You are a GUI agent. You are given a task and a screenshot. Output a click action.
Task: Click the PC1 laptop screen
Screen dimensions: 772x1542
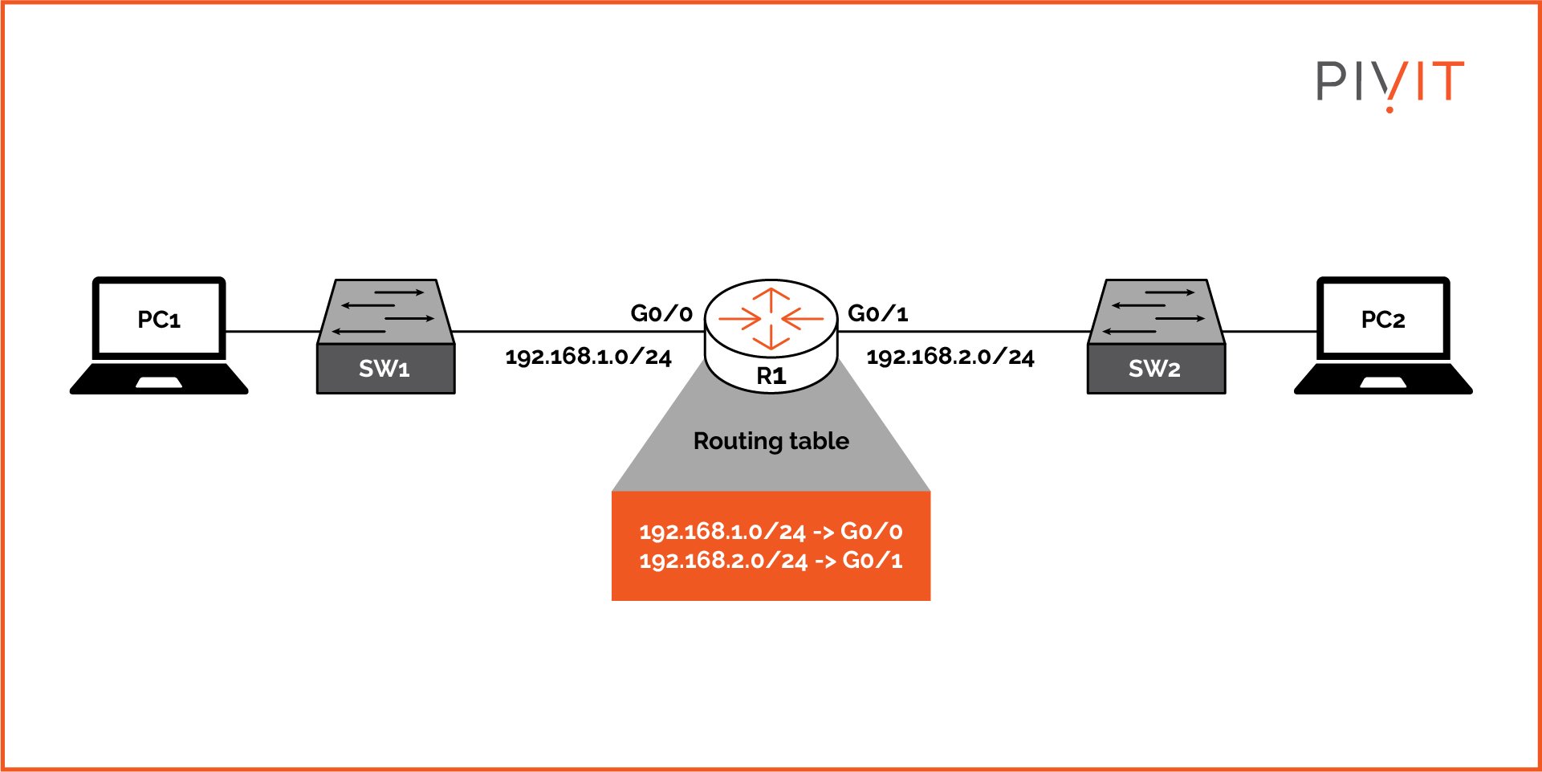159,319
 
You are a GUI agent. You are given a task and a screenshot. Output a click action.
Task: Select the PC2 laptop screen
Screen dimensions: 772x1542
1383,319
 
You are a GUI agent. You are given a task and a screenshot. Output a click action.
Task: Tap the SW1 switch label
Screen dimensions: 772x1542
384,369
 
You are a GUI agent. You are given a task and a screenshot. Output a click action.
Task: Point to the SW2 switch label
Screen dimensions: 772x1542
1154,369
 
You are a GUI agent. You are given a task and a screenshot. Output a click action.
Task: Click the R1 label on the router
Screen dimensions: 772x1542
771,375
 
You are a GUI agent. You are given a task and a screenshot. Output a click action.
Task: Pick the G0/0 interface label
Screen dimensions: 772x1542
661,313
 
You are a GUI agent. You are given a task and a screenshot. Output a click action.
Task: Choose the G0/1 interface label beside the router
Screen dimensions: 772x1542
878,313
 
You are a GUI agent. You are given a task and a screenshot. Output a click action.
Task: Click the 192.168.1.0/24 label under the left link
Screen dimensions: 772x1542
588,357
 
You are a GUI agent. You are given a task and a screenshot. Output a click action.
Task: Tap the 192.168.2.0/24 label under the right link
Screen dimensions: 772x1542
950,357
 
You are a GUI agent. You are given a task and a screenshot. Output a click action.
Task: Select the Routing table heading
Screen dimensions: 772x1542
771,441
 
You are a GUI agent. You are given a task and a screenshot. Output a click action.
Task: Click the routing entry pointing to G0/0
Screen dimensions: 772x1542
771,531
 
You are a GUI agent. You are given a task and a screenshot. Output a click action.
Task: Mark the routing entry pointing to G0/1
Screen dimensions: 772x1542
771,560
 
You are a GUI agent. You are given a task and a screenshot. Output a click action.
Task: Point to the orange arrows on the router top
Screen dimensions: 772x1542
771,319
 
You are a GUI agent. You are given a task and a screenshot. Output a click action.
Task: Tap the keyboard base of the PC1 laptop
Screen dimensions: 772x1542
159,379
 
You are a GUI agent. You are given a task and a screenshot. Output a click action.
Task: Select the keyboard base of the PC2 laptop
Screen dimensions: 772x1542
1383,379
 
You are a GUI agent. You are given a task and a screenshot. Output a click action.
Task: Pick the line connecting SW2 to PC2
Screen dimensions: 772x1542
1270,331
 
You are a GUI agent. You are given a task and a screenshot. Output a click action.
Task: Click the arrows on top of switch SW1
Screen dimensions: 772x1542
386,311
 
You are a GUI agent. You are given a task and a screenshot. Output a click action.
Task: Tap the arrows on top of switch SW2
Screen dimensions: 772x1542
1157,311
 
